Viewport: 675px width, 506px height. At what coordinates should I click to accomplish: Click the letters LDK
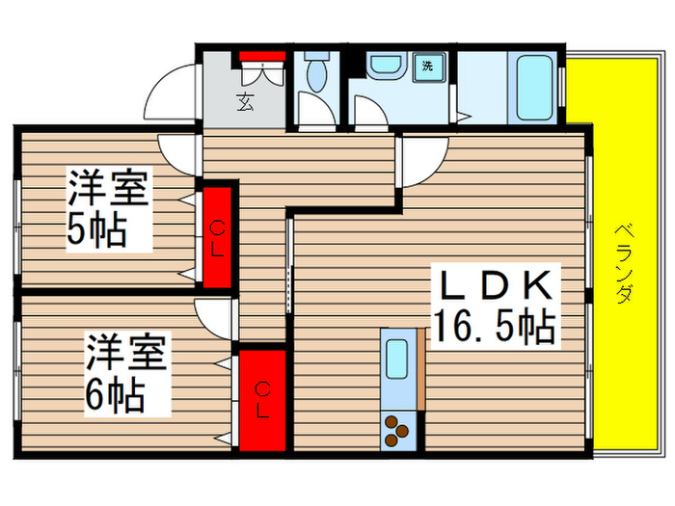(x=494, y=285)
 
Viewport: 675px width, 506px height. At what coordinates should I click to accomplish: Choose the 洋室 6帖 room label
(x=127, y=372)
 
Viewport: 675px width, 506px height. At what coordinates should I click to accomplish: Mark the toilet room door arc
(x=312, y=112)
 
